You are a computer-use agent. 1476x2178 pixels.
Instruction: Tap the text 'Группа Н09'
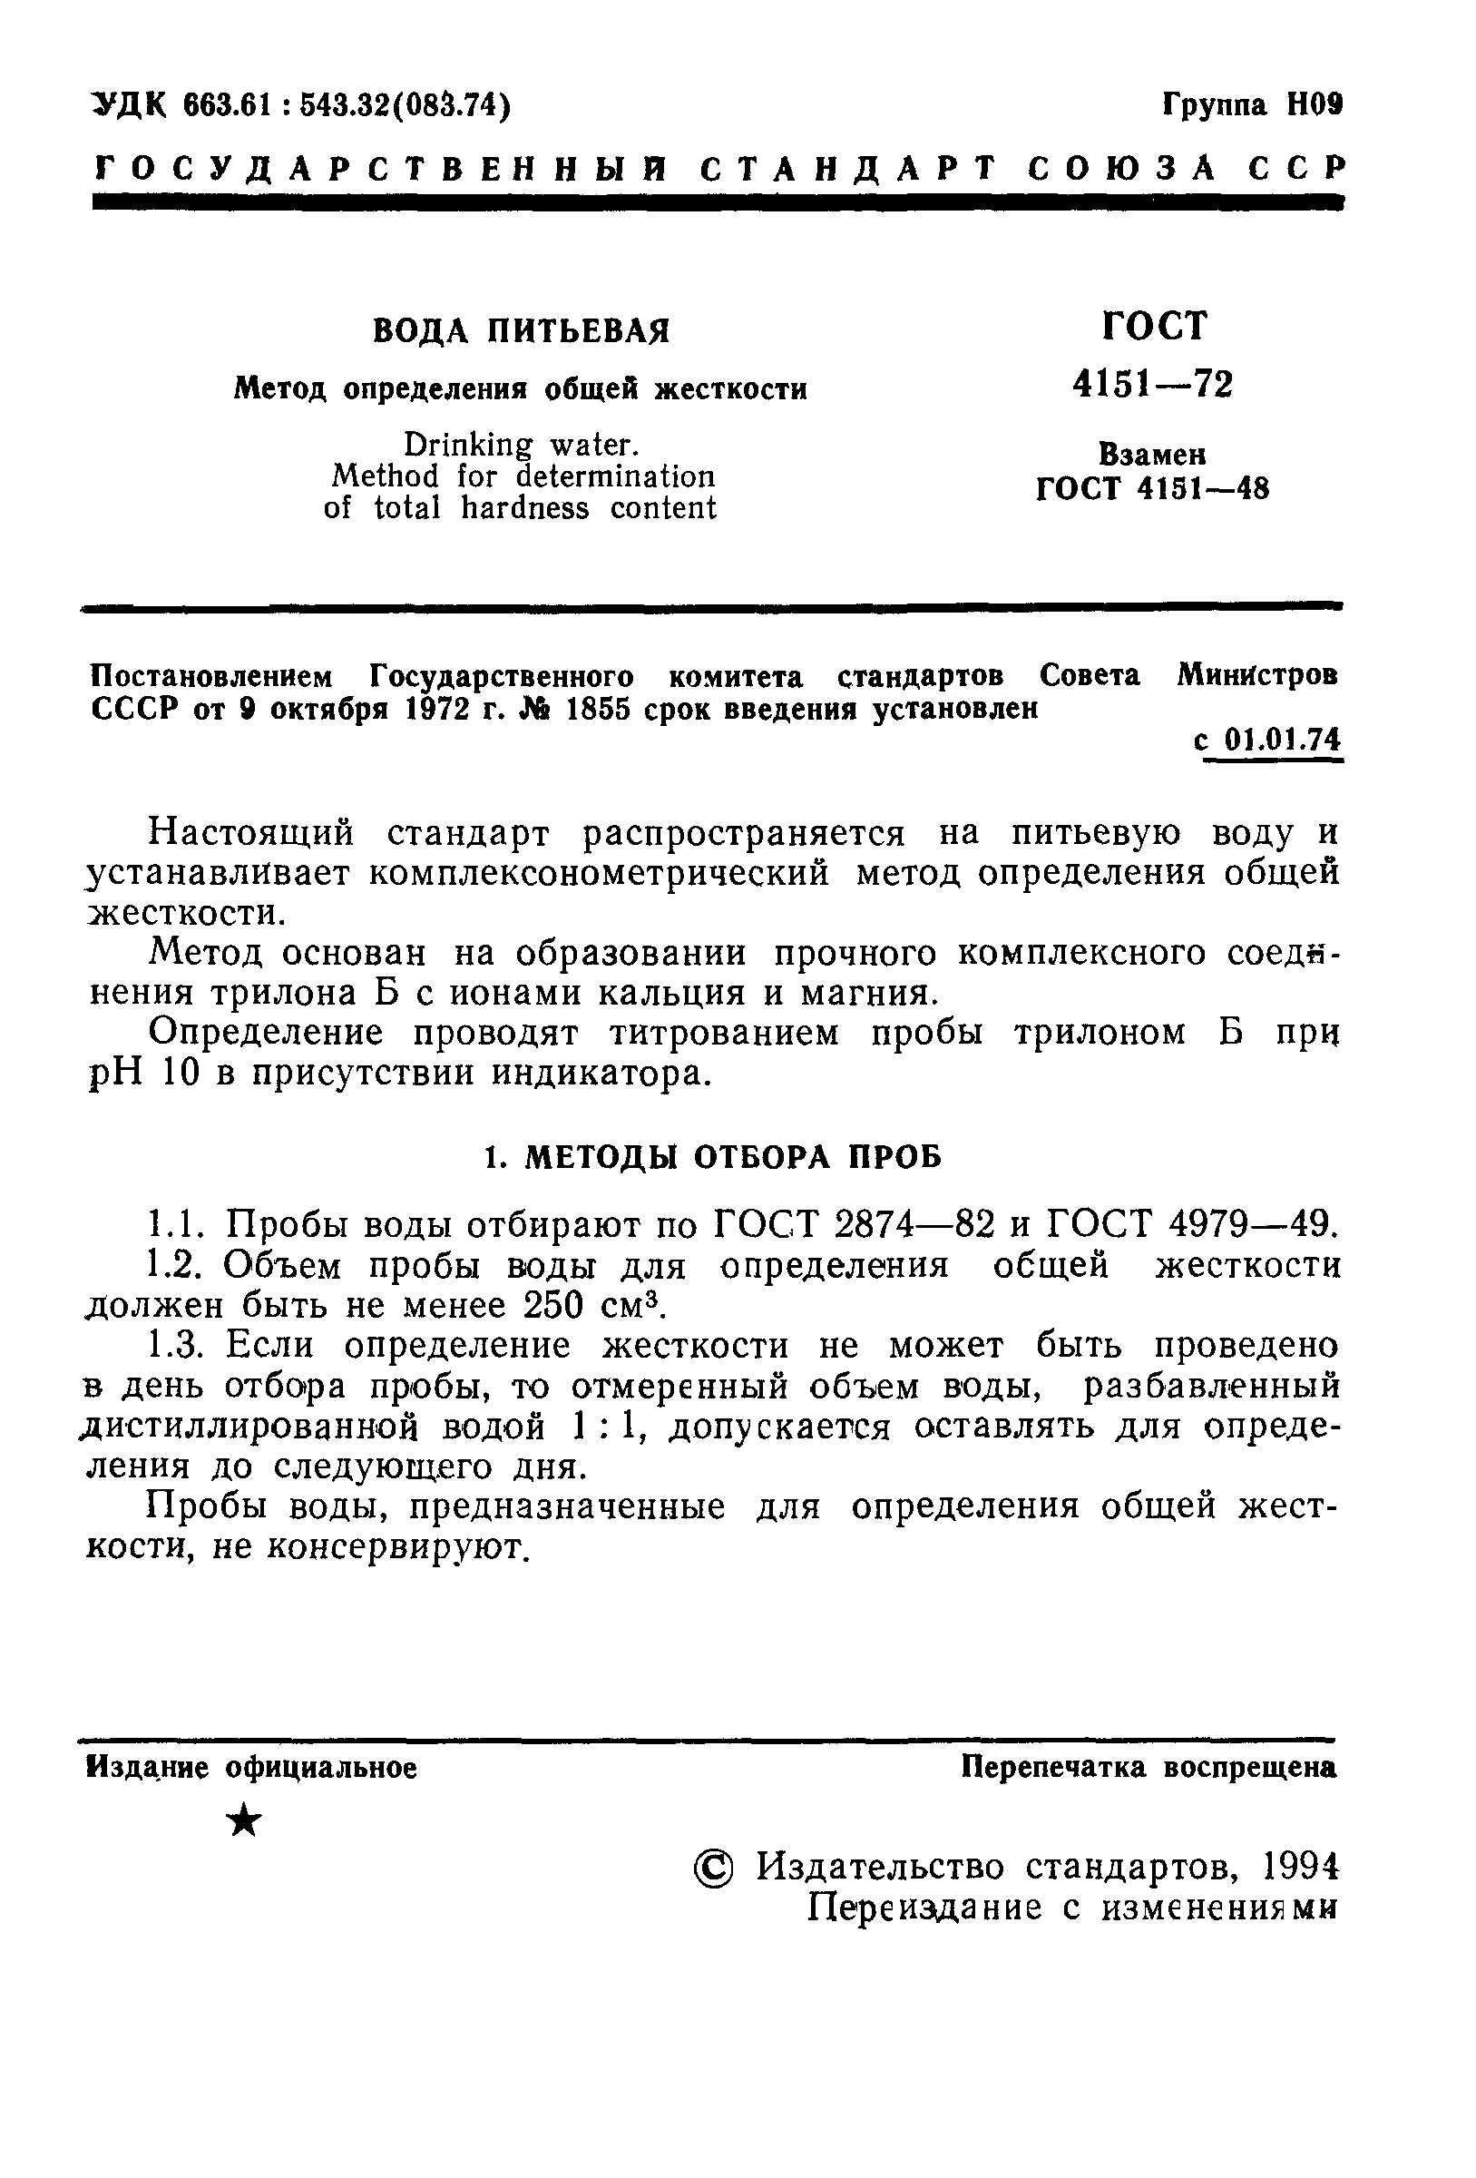point(1252,105)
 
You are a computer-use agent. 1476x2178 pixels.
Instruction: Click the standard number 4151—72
point(1153,385)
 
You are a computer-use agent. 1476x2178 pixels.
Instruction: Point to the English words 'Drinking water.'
point(521,445)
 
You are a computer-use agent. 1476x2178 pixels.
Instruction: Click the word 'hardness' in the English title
point(524,508)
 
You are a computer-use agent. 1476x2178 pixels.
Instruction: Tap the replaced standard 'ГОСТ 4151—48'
point(1153,489)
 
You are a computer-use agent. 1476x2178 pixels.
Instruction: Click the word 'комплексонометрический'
point(600,873)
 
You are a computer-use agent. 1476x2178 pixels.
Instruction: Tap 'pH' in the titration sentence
point(114,1073)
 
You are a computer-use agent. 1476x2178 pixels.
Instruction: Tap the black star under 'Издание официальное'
point(246,1822)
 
